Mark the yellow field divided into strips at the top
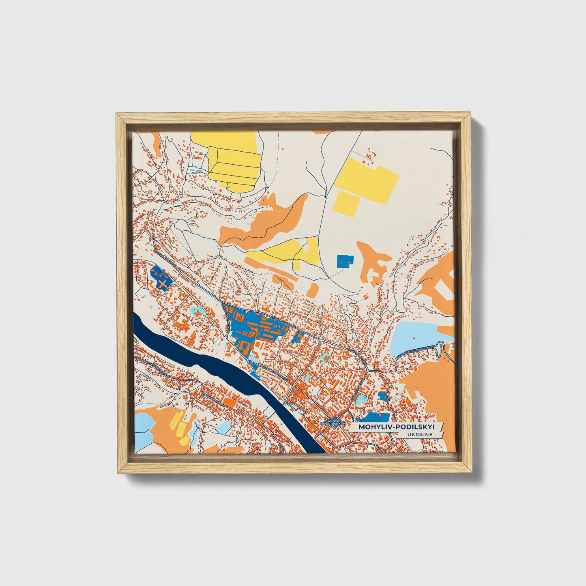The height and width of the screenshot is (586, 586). [x=233, y=162]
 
